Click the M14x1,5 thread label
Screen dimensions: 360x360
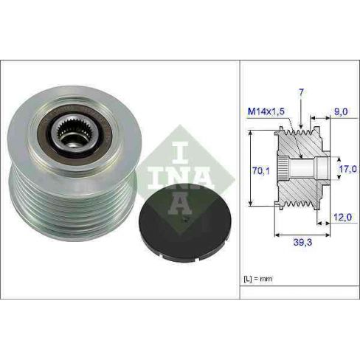(266, 111)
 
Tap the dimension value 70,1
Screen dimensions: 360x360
(261, 170)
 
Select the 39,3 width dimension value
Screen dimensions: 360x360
(302, 242)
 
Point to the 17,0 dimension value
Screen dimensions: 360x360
(347, 169)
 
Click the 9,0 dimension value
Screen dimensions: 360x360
(341, 112)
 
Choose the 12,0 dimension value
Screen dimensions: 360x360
(342, 217)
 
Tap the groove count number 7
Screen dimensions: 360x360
(301, 92)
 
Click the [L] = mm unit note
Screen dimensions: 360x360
(258, 279)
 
